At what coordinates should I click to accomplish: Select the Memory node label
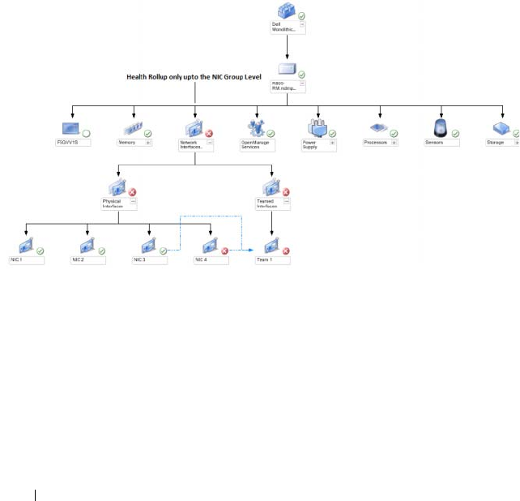(130, 142)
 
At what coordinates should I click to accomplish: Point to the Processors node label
(376, 142)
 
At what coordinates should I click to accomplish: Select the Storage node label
(496, 142)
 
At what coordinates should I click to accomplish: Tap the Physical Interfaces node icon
(120, 190)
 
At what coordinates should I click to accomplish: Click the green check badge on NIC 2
(102, 250)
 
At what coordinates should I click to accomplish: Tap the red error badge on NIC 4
(224, 251)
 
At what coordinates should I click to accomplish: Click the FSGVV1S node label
(75, 142)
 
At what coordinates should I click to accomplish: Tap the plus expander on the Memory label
(148, 142)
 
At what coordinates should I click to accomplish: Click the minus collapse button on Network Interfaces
(210, 142)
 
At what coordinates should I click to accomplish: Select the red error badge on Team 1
(286, 250)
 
